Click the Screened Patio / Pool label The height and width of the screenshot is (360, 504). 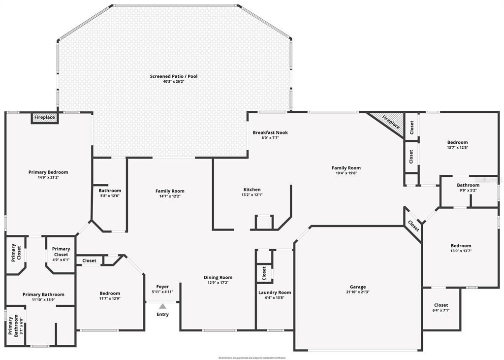click(174, 76)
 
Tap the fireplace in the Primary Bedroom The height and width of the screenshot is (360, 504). click(44, 118)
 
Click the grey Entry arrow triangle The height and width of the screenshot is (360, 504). click(162, 306)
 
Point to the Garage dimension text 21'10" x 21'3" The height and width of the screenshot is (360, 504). click(358, 292)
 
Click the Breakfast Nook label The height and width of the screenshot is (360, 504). click(270, 132)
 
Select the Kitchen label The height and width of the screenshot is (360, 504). click(252, 190)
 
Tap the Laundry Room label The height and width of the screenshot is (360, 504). click(275, 293)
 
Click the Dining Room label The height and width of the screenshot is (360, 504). click(218, 277)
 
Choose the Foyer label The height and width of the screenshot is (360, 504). click(162, 287)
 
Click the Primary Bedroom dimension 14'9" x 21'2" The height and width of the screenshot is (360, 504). click(48, 177)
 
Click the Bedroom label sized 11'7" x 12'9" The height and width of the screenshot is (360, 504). click(110, 294)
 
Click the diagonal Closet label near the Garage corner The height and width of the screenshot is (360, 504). click(413, 226)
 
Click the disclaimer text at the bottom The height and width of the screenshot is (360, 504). click(252, 358)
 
